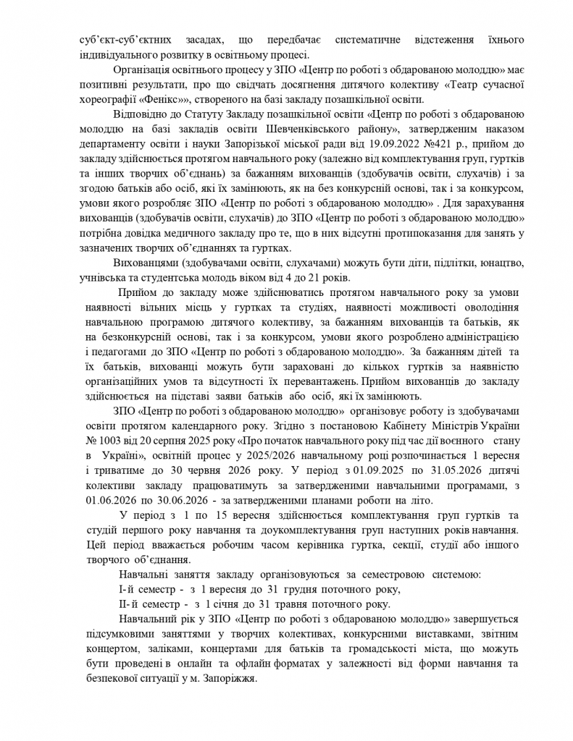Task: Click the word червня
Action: (188, 471)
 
